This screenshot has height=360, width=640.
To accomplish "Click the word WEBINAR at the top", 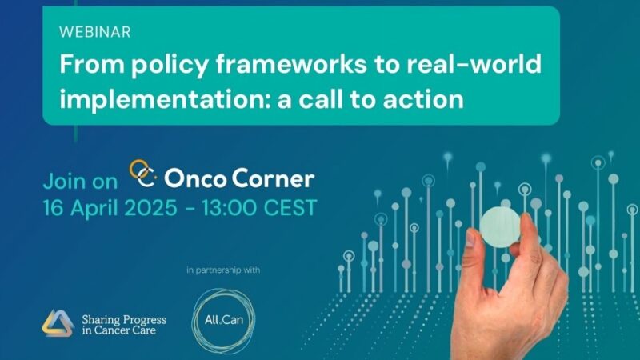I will (x=94, y=33).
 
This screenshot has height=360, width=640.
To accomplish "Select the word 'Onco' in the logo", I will (x=194, y=177).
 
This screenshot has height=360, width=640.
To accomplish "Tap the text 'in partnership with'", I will (x=223, y=270).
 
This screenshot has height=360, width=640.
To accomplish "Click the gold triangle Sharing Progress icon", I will (x=58, y=322).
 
